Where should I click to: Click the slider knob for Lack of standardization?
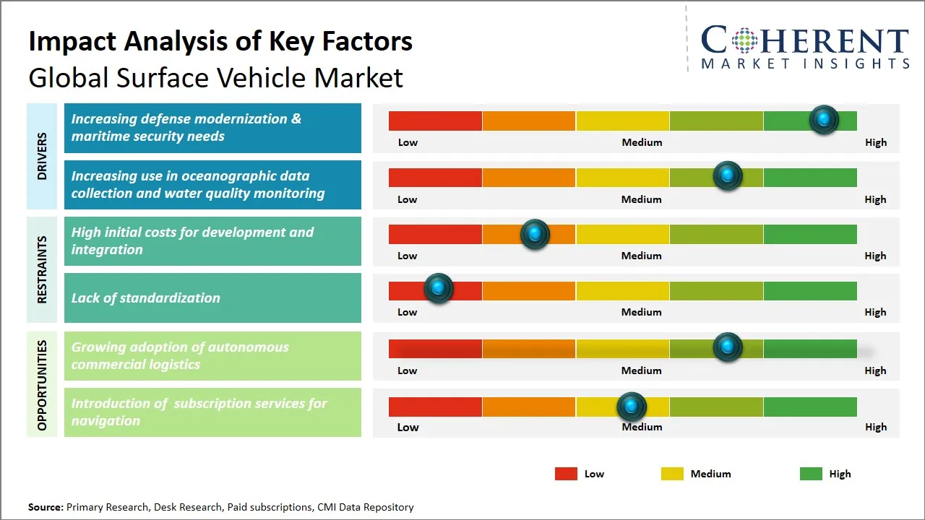click(x=438, y=287)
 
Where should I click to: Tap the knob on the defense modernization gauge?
click(x=823, y=119)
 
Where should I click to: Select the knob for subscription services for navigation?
click(x=632, y=407)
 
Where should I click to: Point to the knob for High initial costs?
click(x=535, y=233)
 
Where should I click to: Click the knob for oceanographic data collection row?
click(x=727, y=175)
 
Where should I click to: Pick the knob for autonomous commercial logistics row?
click(x=727, y=347)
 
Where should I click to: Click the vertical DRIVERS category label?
click(x=42, y=156)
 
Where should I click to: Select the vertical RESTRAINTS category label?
click(x=42, y=269)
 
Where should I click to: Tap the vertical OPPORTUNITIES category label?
click(x=42, y=385)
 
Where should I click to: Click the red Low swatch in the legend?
click(x=566, y=474)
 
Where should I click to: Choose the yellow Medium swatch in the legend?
click(x=672, y=474)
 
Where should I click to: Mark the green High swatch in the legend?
click(x=811, y=474)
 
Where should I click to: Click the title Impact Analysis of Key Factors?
click(x=220, y=41)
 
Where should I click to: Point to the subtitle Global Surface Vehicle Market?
click(x=215, y=77)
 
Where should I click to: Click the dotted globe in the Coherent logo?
click(x=744, y=40)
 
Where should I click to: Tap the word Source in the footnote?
click(x=45, y=507)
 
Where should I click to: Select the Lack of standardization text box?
click(x=212, y=298)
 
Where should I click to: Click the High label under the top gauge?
click(x=875, y=142)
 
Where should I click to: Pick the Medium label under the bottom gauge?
click(x=641, y=427)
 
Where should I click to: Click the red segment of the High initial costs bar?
click(x=435, y=234)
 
